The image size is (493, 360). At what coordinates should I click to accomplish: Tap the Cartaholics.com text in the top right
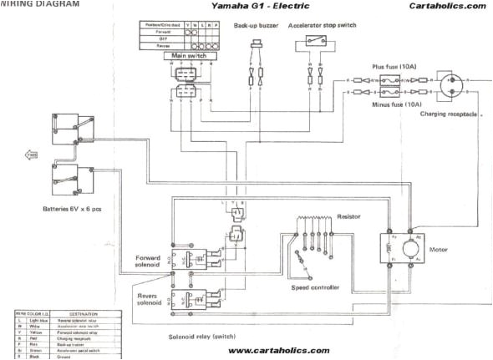pos(447,6)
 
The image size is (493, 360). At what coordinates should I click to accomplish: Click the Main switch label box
pos(190,56)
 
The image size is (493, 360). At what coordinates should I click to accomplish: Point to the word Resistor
pos(349,215)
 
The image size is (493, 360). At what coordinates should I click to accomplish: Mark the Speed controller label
pos(315,286)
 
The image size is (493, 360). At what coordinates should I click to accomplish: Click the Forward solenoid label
pos(153,262)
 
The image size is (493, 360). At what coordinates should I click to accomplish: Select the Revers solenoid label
pos(153,298)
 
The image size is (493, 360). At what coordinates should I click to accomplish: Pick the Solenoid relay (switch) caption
pos(211,335)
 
